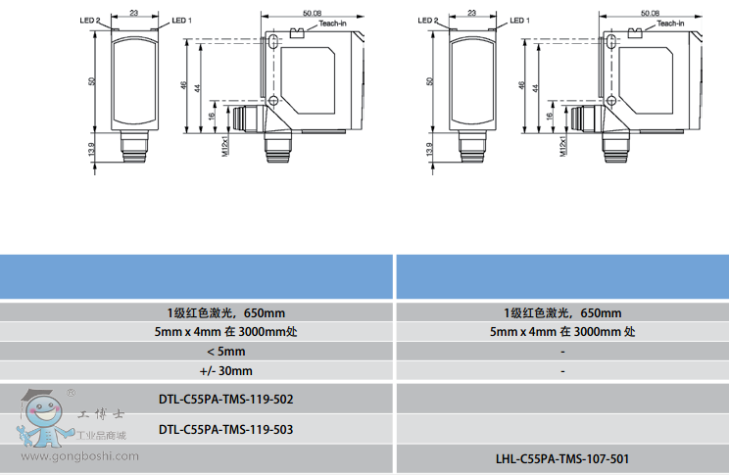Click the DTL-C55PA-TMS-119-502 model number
tap(226, 400)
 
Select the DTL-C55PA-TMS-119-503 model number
tap(226, 429)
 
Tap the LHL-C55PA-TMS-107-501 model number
tap(562, 459)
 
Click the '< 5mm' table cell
tap(226, 352)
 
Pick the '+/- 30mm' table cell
tap(226, 371)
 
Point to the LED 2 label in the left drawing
tap(90, 21)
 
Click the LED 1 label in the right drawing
tap(519, 21)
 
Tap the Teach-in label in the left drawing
tap(332, 24)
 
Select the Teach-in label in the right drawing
tap(670, 24)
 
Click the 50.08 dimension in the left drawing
tap(312, 13)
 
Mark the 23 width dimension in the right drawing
tap(472, 13)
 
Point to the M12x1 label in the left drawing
tap(225, 146)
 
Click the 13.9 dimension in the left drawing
tap(91, 149)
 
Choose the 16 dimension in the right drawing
tap(550, 117)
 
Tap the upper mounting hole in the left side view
tap(273, 42)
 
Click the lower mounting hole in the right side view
tap(611, 100)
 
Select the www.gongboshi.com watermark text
tap(79, 456)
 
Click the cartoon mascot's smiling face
tap(44, 410)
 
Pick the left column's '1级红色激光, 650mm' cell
tap(226, 312)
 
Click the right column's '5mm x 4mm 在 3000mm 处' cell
tap(562, 332)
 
